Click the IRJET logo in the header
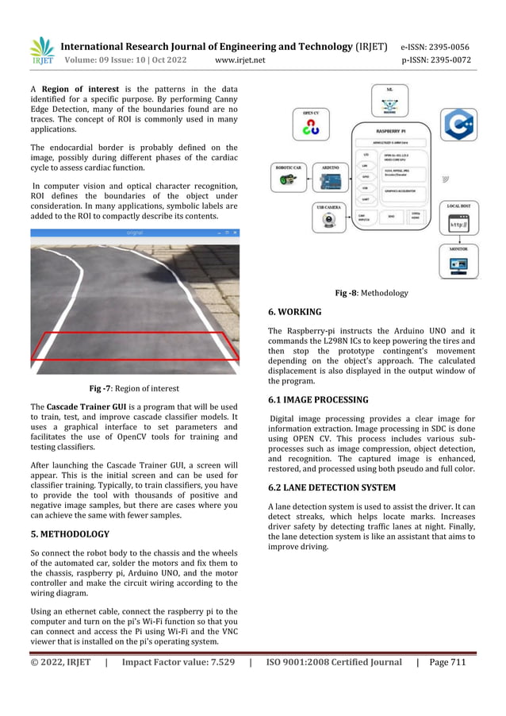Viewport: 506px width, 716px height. tap(42, 51)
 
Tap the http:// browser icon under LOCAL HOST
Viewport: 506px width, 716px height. tap(458, 225)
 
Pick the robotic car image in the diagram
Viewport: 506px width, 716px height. tap(285, 182)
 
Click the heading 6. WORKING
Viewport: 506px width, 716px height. tap(295, 312)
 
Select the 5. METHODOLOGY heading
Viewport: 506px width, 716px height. tap(70, 534)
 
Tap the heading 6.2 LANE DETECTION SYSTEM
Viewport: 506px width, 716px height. tap(332, 487)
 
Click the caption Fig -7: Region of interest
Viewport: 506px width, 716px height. tap(134, 388)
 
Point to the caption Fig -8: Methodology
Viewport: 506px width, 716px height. tap(371, 293)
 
